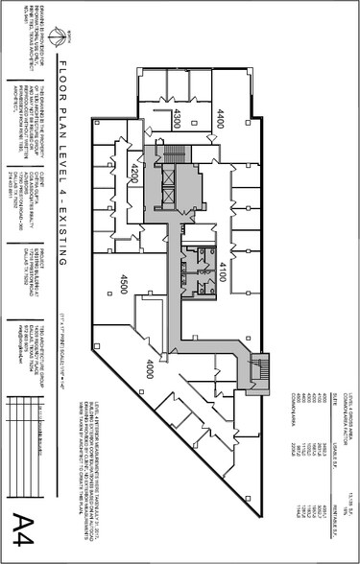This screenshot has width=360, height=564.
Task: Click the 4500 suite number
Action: click(125, 284)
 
